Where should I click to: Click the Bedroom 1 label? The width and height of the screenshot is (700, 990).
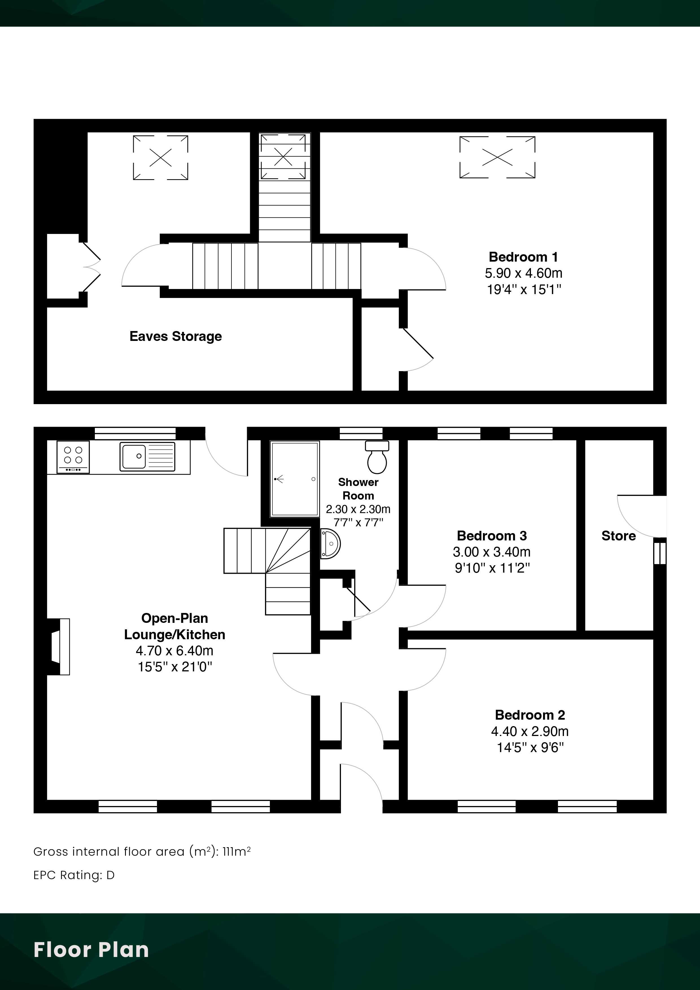click(523, 257)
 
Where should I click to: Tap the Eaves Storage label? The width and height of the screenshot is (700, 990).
click(176, 336)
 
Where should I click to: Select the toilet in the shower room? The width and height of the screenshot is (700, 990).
click(377, 457)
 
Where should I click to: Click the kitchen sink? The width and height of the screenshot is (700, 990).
click(148, 456)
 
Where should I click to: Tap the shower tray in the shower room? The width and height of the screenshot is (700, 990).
click(295, 479)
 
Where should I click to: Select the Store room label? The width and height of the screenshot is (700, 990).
click(618, 536)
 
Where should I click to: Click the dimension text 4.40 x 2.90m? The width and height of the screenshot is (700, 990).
click(530, 731)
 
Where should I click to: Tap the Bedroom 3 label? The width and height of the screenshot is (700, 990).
click(492, 536)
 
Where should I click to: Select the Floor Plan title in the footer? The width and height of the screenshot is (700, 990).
click(91, 949)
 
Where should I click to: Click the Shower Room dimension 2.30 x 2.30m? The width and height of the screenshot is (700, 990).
click(358, 509)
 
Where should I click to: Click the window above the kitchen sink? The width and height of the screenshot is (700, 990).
click(135, 433)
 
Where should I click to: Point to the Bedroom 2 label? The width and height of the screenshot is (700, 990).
click(530, 715)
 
